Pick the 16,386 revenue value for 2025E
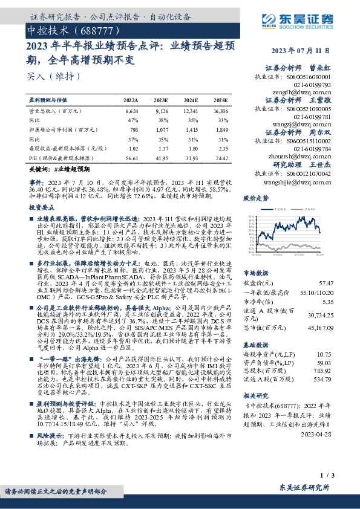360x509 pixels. (220, 112)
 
